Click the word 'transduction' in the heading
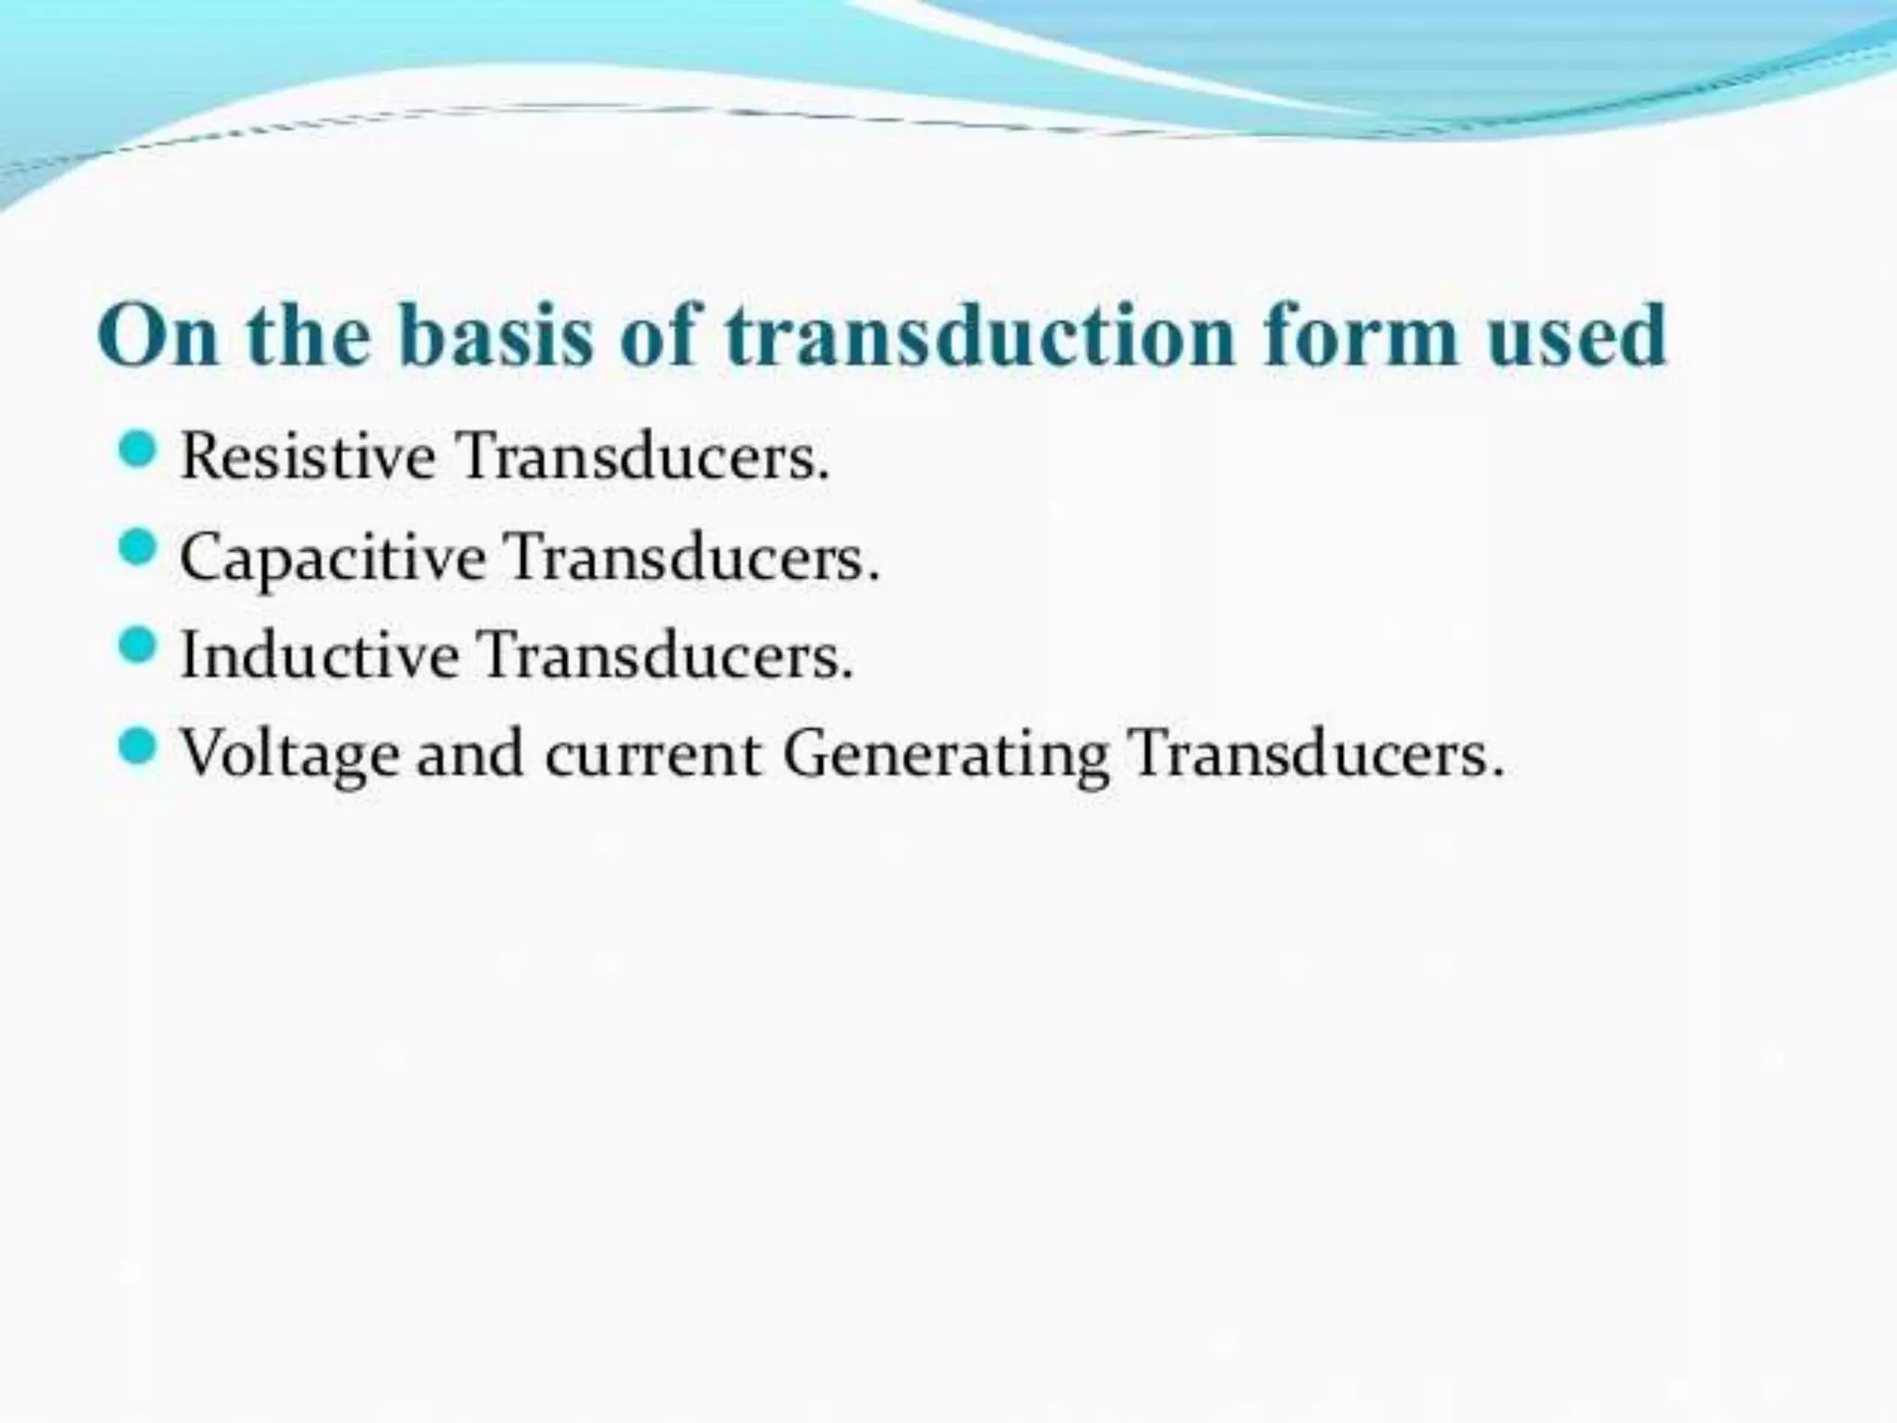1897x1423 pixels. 980,335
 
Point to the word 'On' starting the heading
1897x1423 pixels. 158,335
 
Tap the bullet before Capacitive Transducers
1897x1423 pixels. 138,548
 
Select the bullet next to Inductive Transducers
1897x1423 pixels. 138,646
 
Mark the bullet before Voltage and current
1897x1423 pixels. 138,745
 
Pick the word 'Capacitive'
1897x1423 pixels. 333,559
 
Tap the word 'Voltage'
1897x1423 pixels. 290,755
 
